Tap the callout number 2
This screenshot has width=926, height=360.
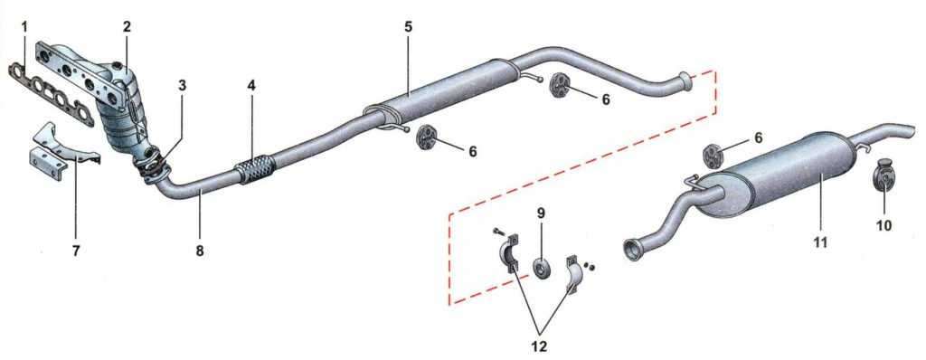127,26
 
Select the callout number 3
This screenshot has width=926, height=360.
182,84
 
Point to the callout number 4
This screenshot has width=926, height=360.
251,84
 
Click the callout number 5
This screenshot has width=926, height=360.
409,26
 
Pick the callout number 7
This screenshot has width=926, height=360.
76,251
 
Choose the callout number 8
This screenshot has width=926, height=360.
200,251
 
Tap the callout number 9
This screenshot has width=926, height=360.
541,212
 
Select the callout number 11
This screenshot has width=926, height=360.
820,242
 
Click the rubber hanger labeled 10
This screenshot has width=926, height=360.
883,175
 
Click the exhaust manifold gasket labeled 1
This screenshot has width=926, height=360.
52,95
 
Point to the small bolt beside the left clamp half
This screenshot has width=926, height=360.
498,232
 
